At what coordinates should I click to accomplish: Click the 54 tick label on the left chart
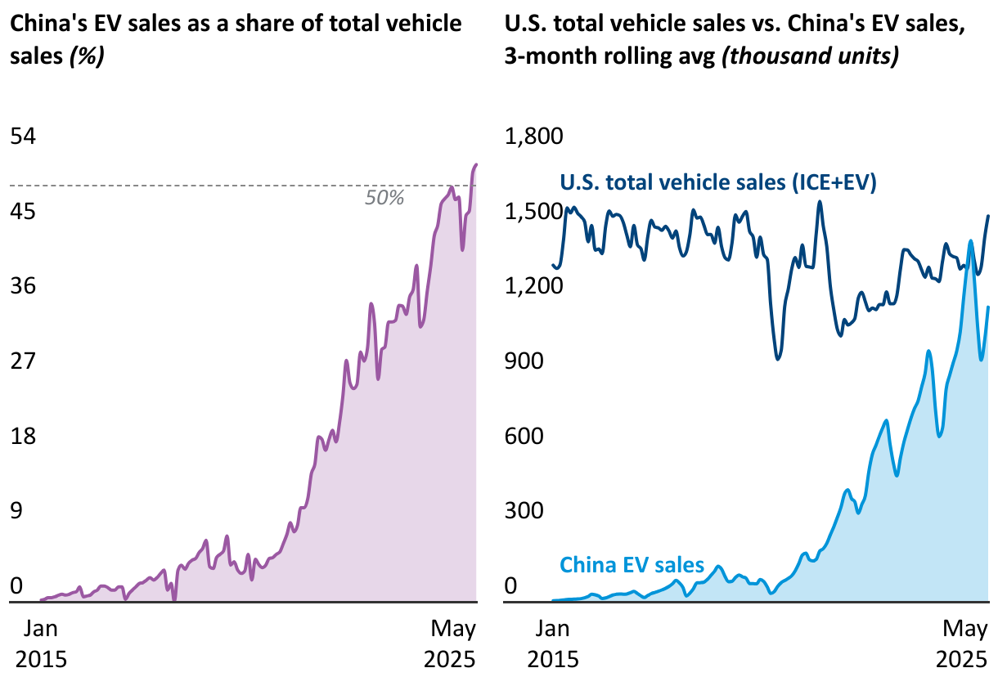(x=23, y=137)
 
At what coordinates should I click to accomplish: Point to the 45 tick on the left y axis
(x=23, y=212)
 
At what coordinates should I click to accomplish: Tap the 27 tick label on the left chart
(x=23, y=361)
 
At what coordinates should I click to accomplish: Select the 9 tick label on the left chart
(x=16, y=510)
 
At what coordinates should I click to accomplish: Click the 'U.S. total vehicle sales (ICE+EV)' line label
(x=718, y=182)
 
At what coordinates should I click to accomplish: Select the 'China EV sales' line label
(x=632, y=564)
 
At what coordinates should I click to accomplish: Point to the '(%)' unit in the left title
(x=87, y=58)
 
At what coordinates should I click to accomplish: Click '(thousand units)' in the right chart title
(x=811, y=58)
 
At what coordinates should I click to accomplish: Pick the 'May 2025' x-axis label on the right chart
(x=965, y=644)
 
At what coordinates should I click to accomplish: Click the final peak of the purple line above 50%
(x=476, y=165)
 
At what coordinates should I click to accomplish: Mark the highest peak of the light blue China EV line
(x=971, y=241)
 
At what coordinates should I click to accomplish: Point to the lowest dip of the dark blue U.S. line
(x=778, y=358)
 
